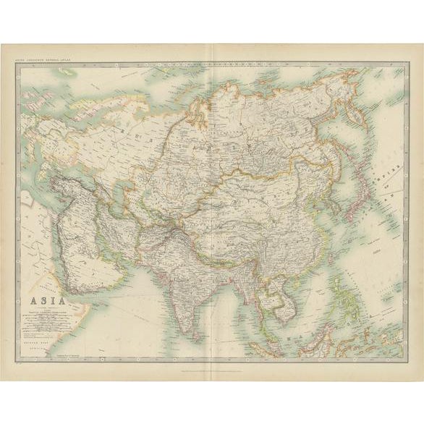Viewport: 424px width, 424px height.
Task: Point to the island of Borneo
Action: [x=312, y=340]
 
